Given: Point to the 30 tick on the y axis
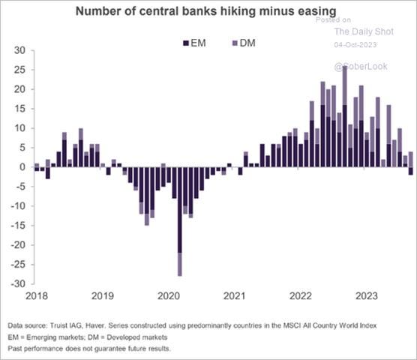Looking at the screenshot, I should tap(19, 50).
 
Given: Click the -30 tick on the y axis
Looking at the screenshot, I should tap(17, 283).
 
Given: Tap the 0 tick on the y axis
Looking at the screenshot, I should tap(22, 167).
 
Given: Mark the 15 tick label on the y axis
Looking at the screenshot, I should tap(19, 109).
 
